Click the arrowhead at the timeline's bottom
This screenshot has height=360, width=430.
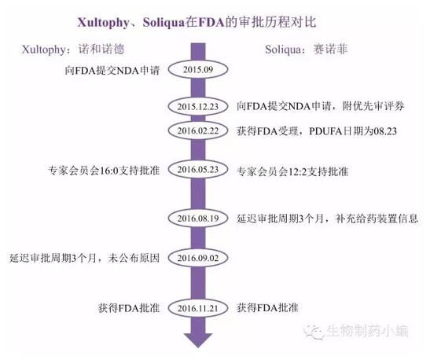[198, 340]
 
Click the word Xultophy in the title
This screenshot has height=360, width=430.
[103, 23]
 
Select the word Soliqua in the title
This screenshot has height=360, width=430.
[164, 23]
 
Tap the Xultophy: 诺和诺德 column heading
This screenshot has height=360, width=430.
[73, 50]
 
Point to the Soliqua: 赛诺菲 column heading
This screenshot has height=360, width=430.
[307, 50]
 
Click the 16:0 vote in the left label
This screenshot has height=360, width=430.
[108, 171]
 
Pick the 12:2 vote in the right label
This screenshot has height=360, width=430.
[297, 172]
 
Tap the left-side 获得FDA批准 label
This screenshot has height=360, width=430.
[129, 308]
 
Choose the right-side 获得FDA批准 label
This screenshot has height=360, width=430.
[267, 308]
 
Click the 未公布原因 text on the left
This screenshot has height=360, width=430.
[134, 258]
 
